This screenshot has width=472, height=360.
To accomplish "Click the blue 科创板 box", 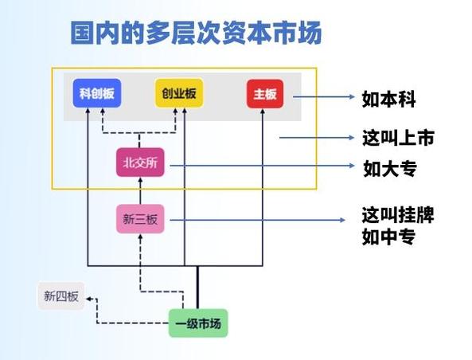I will coord(97,94).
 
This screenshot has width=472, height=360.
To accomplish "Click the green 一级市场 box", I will coord(197,323).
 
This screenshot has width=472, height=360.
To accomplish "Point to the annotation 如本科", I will coord(388,98).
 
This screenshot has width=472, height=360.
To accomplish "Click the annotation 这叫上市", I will coord(398,137).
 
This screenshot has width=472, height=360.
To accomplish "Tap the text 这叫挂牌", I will coord(398,216).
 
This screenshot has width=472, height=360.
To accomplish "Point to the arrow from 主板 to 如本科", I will coord(322,97).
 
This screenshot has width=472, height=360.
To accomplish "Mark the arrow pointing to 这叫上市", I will coord(314,137).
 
